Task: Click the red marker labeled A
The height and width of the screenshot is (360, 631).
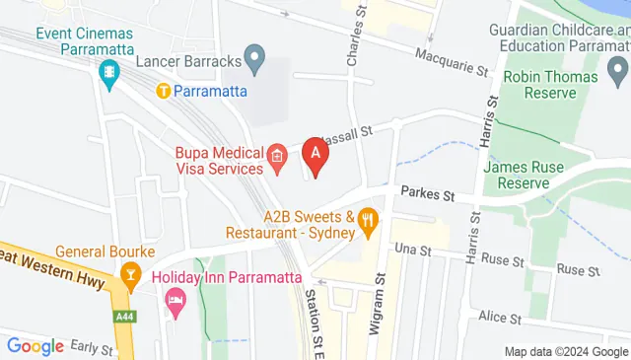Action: [x=315, y=156]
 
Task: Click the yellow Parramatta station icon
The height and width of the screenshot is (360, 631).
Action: [x=164, y=91]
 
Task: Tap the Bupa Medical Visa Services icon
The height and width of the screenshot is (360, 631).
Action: [x=278, y=155]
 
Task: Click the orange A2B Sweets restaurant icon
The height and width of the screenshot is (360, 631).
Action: [x=369, y=222]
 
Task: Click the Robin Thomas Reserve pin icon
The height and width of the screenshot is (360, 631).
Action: [x=618, y=69]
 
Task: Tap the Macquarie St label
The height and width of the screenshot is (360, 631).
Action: [x=452, y=62]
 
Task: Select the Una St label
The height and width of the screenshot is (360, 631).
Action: [x=413, y=251]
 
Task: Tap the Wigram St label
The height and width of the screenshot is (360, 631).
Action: [x=376, y=306]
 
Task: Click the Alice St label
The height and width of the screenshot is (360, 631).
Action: [x=500, y=318]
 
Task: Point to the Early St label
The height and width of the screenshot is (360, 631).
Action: [x=94, y=346]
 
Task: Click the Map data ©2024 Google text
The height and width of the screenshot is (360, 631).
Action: [x=566, y=351]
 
